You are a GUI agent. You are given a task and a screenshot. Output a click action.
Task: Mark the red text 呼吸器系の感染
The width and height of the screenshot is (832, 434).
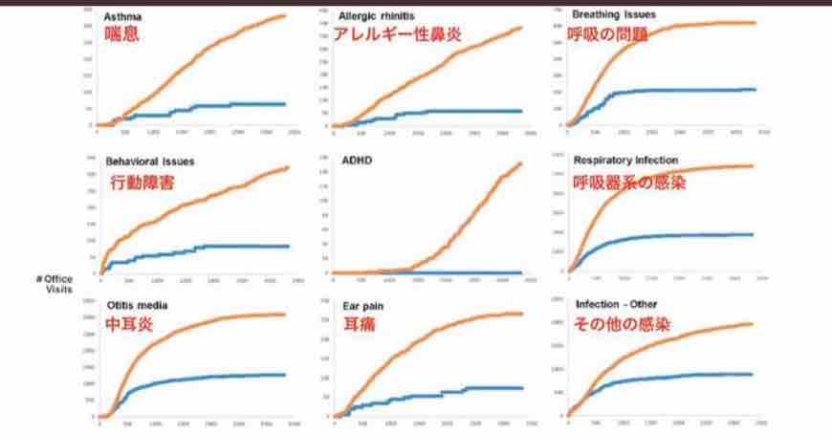coord(629,180)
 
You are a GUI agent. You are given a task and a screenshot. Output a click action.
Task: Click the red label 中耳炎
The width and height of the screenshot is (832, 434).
coord(129,324)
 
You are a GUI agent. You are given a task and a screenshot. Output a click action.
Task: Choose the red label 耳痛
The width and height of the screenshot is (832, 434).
coord(359,324)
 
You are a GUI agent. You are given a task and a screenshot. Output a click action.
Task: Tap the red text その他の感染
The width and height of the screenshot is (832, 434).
coord(622,324)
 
